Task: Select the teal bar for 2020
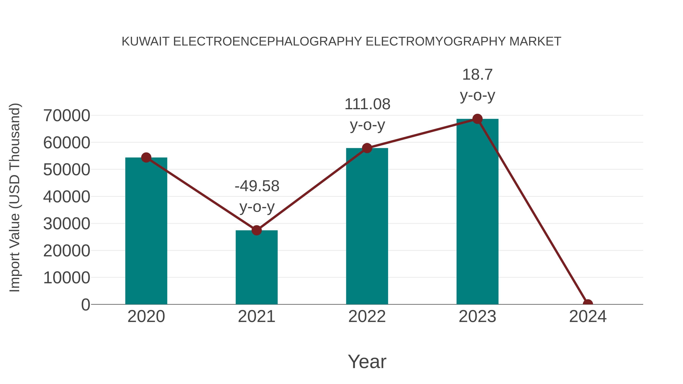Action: click(x=146, y=231)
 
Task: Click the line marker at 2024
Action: click(x=588, y=304)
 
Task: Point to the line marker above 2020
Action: click(x=146, y=157)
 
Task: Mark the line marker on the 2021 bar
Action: click(x=256, y=230)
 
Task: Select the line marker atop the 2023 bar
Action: click(x=477, y=119)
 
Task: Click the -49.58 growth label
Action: click(x=257, y=186)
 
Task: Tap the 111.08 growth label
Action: click(x=367, y=104)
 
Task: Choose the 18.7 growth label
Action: click(x=477, y=75)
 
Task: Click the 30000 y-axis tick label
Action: click(x=67, y=224)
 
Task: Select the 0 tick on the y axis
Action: click(x=86, y=305)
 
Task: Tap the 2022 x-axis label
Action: click(x=367, y=316)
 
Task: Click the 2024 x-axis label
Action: click(x=588, y=316)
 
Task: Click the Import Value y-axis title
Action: click(x=15, y=197)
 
